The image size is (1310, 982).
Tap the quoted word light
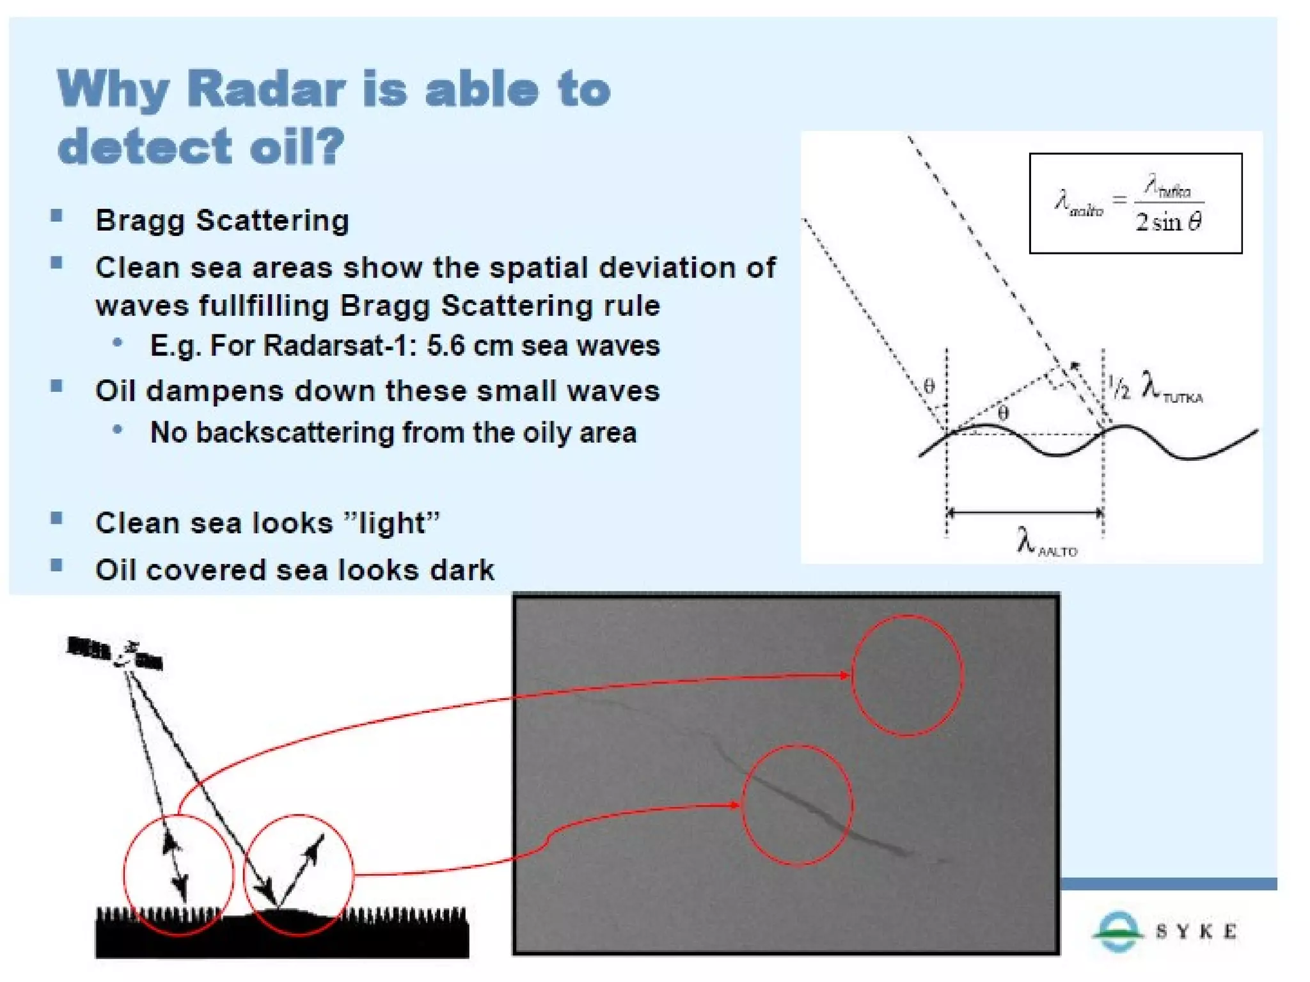(x=390, y=524)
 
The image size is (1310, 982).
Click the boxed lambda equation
(x=1135, y=203)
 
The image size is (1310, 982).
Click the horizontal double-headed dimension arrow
(x=1025, y=512)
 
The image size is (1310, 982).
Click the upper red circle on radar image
(x=906, y=676)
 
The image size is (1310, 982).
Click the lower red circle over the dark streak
(x=797, y=805)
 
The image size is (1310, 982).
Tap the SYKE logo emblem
(x=1117, y=931)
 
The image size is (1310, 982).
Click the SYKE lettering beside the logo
(x=1196, y=931)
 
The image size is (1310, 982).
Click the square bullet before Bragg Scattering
(x=57, y=215)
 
